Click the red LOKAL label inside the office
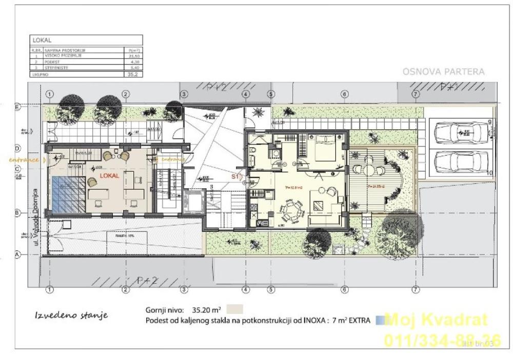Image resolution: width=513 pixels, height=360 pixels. pos(109,175)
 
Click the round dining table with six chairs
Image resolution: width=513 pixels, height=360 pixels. pos(292,209)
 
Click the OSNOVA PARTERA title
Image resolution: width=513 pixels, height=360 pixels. pos(443,72)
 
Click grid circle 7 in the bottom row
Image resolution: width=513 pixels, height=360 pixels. pos(415,289)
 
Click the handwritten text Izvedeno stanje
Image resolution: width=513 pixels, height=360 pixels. pos(71,315)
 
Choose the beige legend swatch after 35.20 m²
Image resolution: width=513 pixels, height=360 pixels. pos(234,309)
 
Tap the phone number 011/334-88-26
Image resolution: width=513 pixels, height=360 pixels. pos(442,339)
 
